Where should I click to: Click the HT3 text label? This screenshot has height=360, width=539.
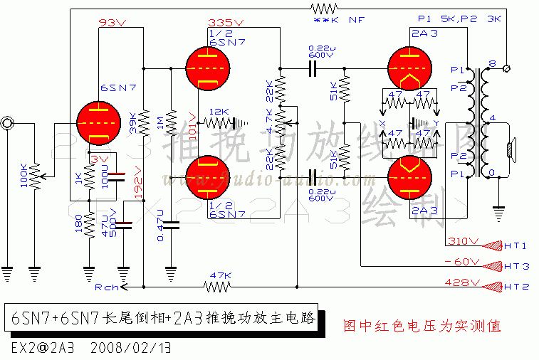(516, 265)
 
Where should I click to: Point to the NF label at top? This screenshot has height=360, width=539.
(356, 21)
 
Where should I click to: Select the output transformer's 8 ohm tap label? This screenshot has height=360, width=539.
(493, 65)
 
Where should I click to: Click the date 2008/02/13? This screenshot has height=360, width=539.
(135, 349)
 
